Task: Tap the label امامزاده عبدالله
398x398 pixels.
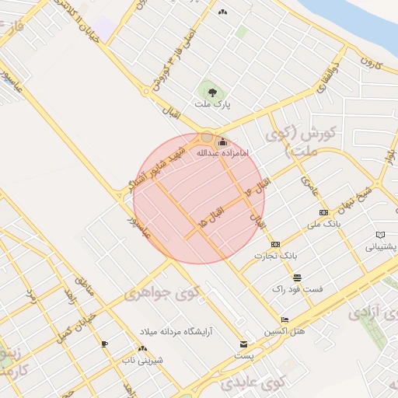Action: [224, 153]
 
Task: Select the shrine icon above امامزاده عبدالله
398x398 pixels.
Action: [223, 141]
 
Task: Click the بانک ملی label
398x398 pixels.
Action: [323, 224]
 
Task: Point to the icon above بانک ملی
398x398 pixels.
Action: [323, 212]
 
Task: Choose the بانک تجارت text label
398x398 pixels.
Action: [278, 255]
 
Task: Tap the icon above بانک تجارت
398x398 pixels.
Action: [274, 244]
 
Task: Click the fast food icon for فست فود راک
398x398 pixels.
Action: [297, 278]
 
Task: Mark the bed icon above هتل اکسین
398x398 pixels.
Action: [285, 319]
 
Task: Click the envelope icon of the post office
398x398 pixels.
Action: [244, 344]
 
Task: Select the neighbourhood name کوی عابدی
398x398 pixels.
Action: [254, 382]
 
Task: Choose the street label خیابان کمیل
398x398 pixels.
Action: [76, 328]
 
